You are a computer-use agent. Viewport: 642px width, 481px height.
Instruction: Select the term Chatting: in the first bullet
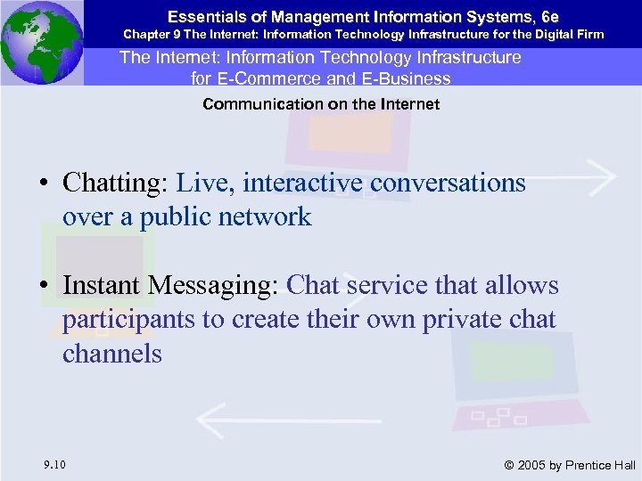click(115, 183)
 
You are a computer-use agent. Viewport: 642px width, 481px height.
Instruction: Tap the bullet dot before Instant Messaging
click(43, 287)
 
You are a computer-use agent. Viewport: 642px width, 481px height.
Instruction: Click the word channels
click(112, 354)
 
